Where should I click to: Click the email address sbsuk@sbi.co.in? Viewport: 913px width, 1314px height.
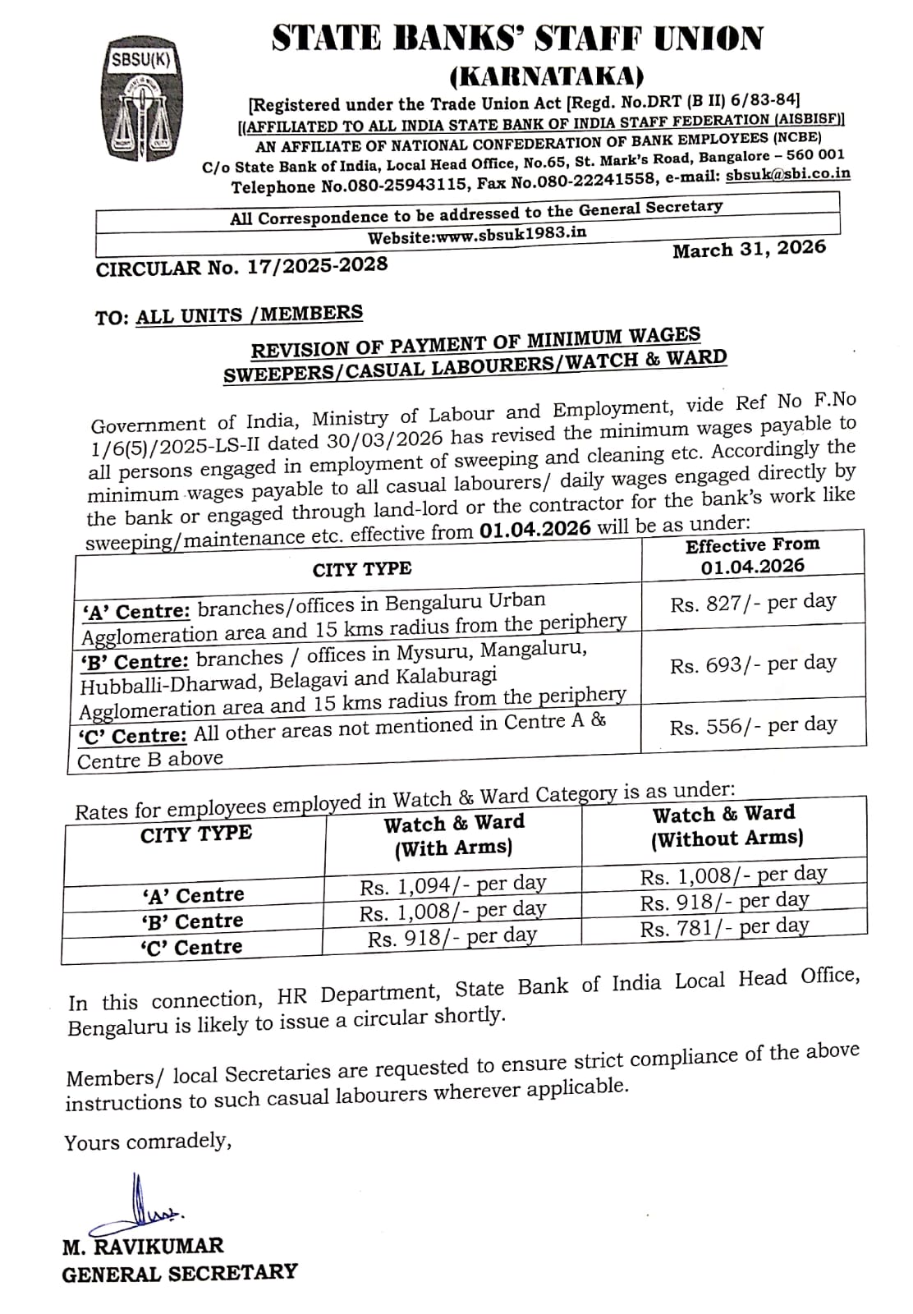click(787, 175)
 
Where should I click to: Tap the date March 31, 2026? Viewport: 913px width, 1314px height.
click(749, 250)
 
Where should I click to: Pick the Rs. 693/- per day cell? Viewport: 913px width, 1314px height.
click(753, 664)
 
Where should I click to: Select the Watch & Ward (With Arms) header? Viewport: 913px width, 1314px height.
click(453, 835)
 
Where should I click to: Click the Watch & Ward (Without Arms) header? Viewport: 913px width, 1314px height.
click(725, 826)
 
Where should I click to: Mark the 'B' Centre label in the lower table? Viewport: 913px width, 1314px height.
click(192, 921)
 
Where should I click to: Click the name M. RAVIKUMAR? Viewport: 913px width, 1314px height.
click(143, 1246)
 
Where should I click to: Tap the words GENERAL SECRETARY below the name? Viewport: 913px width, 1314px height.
click(179, 1273)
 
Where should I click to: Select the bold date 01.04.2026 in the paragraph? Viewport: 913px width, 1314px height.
click(534, 530)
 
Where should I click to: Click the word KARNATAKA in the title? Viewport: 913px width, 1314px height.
click(547, 76)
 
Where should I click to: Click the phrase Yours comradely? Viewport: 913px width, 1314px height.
click(148, 1142)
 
